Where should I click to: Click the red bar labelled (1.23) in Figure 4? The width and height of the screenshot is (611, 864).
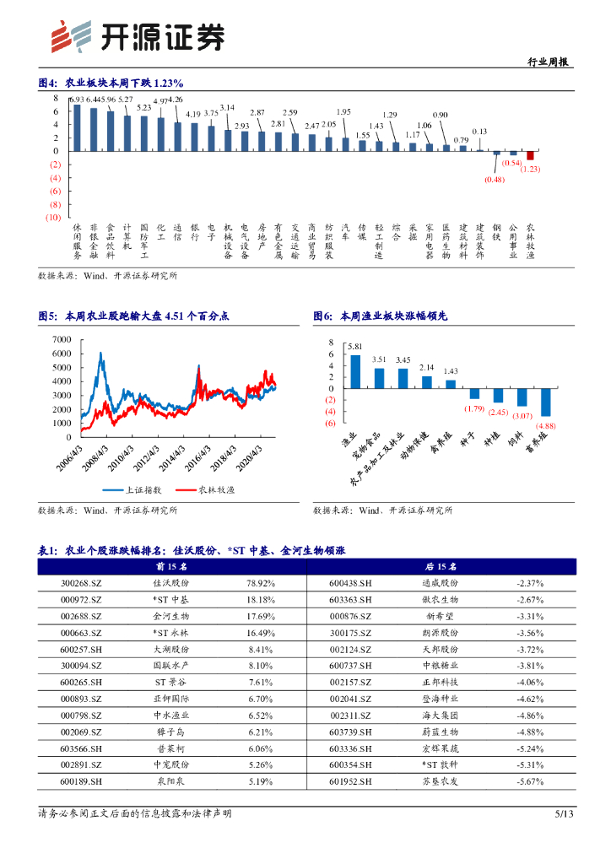[x=531, y=155]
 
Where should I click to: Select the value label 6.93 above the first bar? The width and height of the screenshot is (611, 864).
[x=77, y=100]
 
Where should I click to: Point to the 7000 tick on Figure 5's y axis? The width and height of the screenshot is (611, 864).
[x=62, y=339]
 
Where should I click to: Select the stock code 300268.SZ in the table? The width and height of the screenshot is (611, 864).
[x=84, y=583]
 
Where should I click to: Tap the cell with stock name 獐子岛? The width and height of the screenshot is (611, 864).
[x=171, y=732]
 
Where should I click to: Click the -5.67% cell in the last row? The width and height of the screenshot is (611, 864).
[x=531, y=781]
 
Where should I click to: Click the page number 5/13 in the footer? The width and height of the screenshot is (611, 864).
[x=564, y=813]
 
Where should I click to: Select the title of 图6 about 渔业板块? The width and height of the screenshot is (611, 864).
[x=381, y=316]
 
